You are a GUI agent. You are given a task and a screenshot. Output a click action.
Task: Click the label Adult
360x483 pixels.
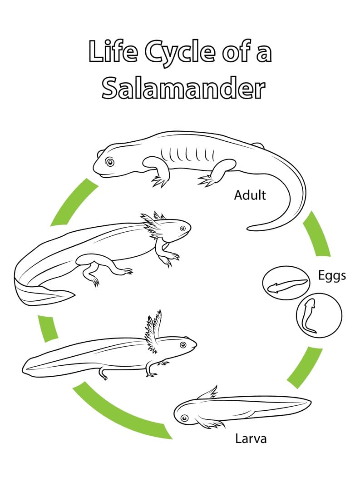pos(250,195)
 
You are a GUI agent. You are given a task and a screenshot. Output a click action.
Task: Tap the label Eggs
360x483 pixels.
pos(332,276)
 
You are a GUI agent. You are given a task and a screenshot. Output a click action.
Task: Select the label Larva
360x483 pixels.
pos(251,438)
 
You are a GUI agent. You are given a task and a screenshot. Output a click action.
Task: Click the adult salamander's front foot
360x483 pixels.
pos(159,181)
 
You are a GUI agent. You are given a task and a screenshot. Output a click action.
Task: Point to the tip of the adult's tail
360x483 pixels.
pos(248,228)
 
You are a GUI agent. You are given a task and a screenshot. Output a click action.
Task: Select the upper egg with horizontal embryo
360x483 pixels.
pos(286,283)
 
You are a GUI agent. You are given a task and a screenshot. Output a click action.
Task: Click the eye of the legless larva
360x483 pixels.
pos(184,418)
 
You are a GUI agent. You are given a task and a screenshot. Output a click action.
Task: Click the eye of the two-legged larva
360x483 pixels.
pos(183,344)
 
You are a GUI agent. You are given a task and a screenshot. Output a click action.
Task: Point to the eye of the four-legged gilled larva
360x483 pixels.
pos(183,228)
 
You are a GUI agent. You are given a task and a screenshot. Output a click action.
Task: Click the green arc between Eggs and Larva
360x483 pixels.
pos(305,367)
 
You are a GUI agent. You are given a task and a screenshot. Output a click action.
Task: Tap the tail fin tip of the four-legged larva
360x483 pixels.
pos(74,295)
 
